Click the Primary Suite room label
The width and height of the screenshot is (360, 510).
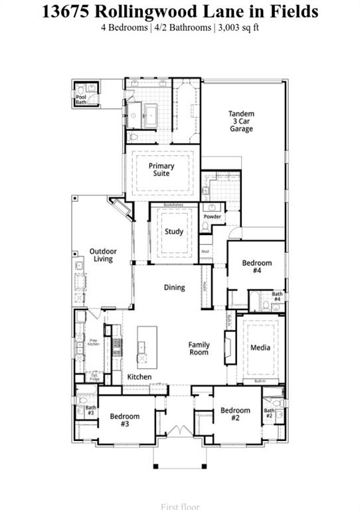coord(161,170)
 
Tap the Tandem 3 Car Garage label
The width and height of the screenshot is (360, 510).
coord(241,122)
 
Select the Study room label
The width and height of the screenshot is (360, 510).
coord(174,232)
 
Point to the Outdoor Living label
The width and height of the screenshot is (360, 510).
coord(103,255)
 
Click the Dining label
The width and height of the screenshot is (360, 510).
coord(175,288)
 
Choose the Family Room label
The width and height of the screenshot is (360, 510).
coord(199,349)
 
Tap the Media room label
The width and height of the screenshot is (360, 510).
coord(260,347)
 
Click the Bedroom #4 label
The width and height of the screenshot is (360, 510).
coord(257,267)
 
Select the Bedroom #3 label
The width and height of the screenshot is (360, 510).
coord(125,420)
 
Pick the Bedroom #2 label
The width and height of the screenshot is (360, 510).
coord(235,414)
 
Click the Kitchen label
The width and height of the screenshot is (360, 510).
coord(139,377)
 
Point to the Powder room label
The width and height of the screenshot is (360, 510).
coord(213,217)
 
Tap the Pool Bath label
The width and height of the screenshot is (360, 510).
coord(81,100)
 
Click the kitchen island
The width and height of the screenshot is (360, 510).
coord(147,346)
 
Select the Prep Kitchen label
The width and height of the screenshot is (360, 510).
coord(94,343)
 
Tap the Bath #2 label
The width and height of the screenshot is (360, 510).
coord(269,413)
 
